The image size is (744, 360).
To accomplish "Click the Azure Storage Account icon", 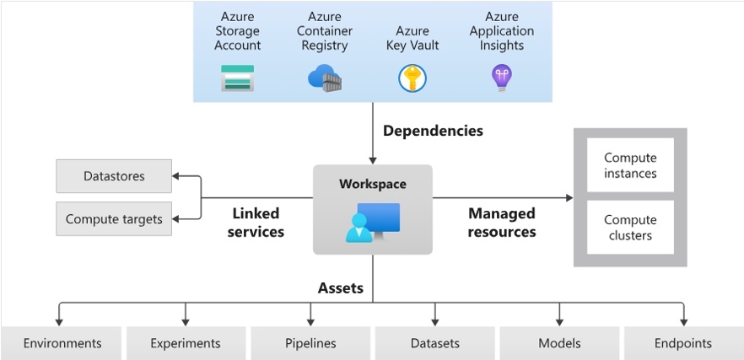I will click(237, 78).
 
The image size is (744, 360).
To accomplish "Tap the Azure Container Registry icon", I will click(325, 78).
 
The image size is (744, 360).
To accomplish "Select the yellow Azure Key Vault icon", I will click(412, 78).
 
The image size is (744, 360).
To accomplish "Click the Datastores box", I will click(114, 176).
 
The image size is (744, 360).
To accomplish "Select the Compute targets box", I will click(114, 219).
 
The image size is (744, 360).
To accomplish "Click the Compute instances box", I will click(630, 165).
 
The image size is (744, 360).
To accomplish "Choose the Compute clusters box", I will click(630, 228).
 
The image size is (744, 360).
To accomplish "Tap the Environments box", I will click(62, 343).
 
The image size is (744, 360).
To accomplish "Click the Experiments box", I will click(186, 343).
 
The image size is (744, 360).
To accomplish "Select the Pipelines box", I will click(310, 343).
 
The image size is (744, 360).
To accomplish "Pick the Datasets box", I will click(435, 343).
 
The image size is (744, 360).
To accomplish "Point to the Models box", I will click(559, 343).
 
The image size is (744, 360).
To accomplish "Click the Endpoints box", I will click(683, 343).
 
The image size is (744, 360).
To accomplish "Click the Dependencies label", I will click(433, 131).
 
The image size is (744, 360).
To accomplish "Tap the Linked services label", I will click(256, 223).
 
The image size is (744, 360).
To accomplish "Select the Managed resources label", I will click(502, 223).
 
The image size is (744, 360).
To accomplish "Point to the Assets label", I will click(341, 288).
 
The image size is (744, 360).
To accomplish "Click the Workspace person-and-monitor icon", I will click(372, 223).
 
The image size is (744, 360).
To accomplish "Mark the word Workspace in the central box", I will click(372, 184).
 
